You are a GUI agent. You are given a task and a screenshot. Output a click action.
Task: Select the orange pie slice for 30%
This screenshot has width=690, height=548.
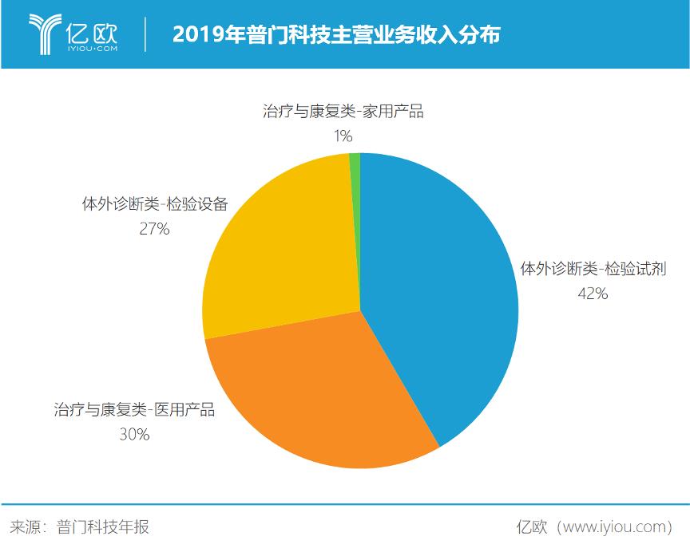(319, 391)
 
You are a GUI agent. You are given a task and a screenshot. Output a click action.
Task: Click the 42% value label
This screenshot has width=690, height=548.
(593, 294)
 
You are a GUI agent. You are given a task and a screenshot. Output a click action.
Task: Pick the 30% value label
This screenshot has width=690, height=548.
(133, 435)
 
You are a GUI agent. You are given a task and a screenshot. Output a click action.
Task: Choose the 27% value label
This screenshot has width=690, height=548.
(154, 229)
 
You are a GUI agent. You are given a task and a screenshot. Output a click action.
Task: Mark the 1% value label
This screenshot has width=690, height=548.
(343, 136)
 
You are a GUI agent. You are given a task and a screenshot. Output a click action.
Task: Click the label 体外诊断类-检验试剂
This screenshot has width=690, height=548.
(593, 269)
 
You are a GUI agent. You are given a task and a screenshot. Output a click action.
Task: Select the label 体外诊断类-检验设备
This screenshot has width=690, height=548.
(154, 204)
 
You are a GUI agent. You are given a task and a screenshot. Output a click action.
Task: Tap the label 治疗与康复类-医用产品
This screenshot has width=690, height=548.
(134, 410)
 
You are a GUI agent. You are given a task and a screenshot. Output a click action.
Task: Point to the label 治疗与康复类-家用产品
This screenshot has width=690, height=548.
(343, 112)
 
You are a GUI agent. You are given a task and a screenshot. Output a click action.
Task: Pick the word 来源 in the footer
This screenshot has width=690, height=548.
(25, 527)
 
